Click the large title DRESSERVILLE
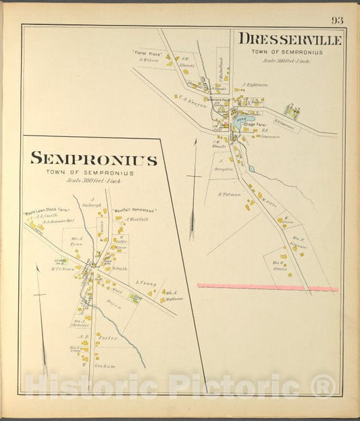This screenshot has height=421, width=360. coord(290,40)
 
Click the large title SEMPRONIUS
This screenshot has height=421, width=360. coord(94,160)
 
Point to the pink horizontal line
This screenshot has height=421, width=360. coord(267,287)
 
